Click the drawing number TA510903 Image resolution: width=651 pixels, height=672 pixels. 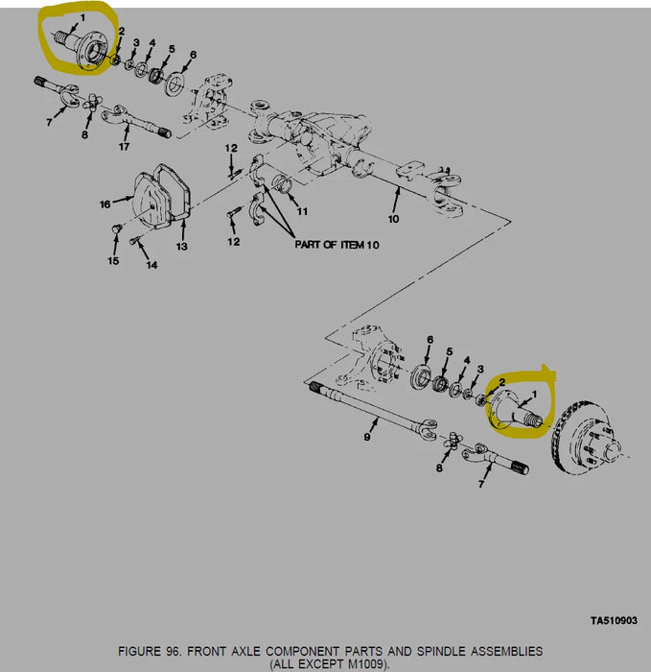coord(614,620)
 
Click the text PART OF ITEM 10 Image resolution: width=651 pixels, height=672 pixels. coord(337,245)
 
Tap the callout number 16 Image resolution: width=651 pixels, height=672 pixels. coord(105,204)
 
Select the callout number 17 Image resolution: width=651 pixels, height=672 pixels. coord(124,147)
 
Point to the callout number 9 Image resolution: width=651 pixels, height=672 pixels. coord(367,437)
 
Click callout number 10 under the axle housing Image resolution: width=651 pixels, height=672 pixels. coord(393,219)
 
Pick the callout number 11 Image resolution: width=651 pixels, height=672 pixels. coord(302,211)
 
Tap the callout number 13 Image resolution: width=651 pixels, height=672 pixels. coord(182,247)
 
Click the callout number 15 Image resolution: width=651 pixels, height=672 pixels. coord(113,260)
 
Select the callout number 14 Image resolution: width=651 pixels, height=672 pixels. coord(151,265)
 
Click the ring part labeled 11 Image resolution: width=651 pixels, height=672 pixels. coord(283,183)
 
